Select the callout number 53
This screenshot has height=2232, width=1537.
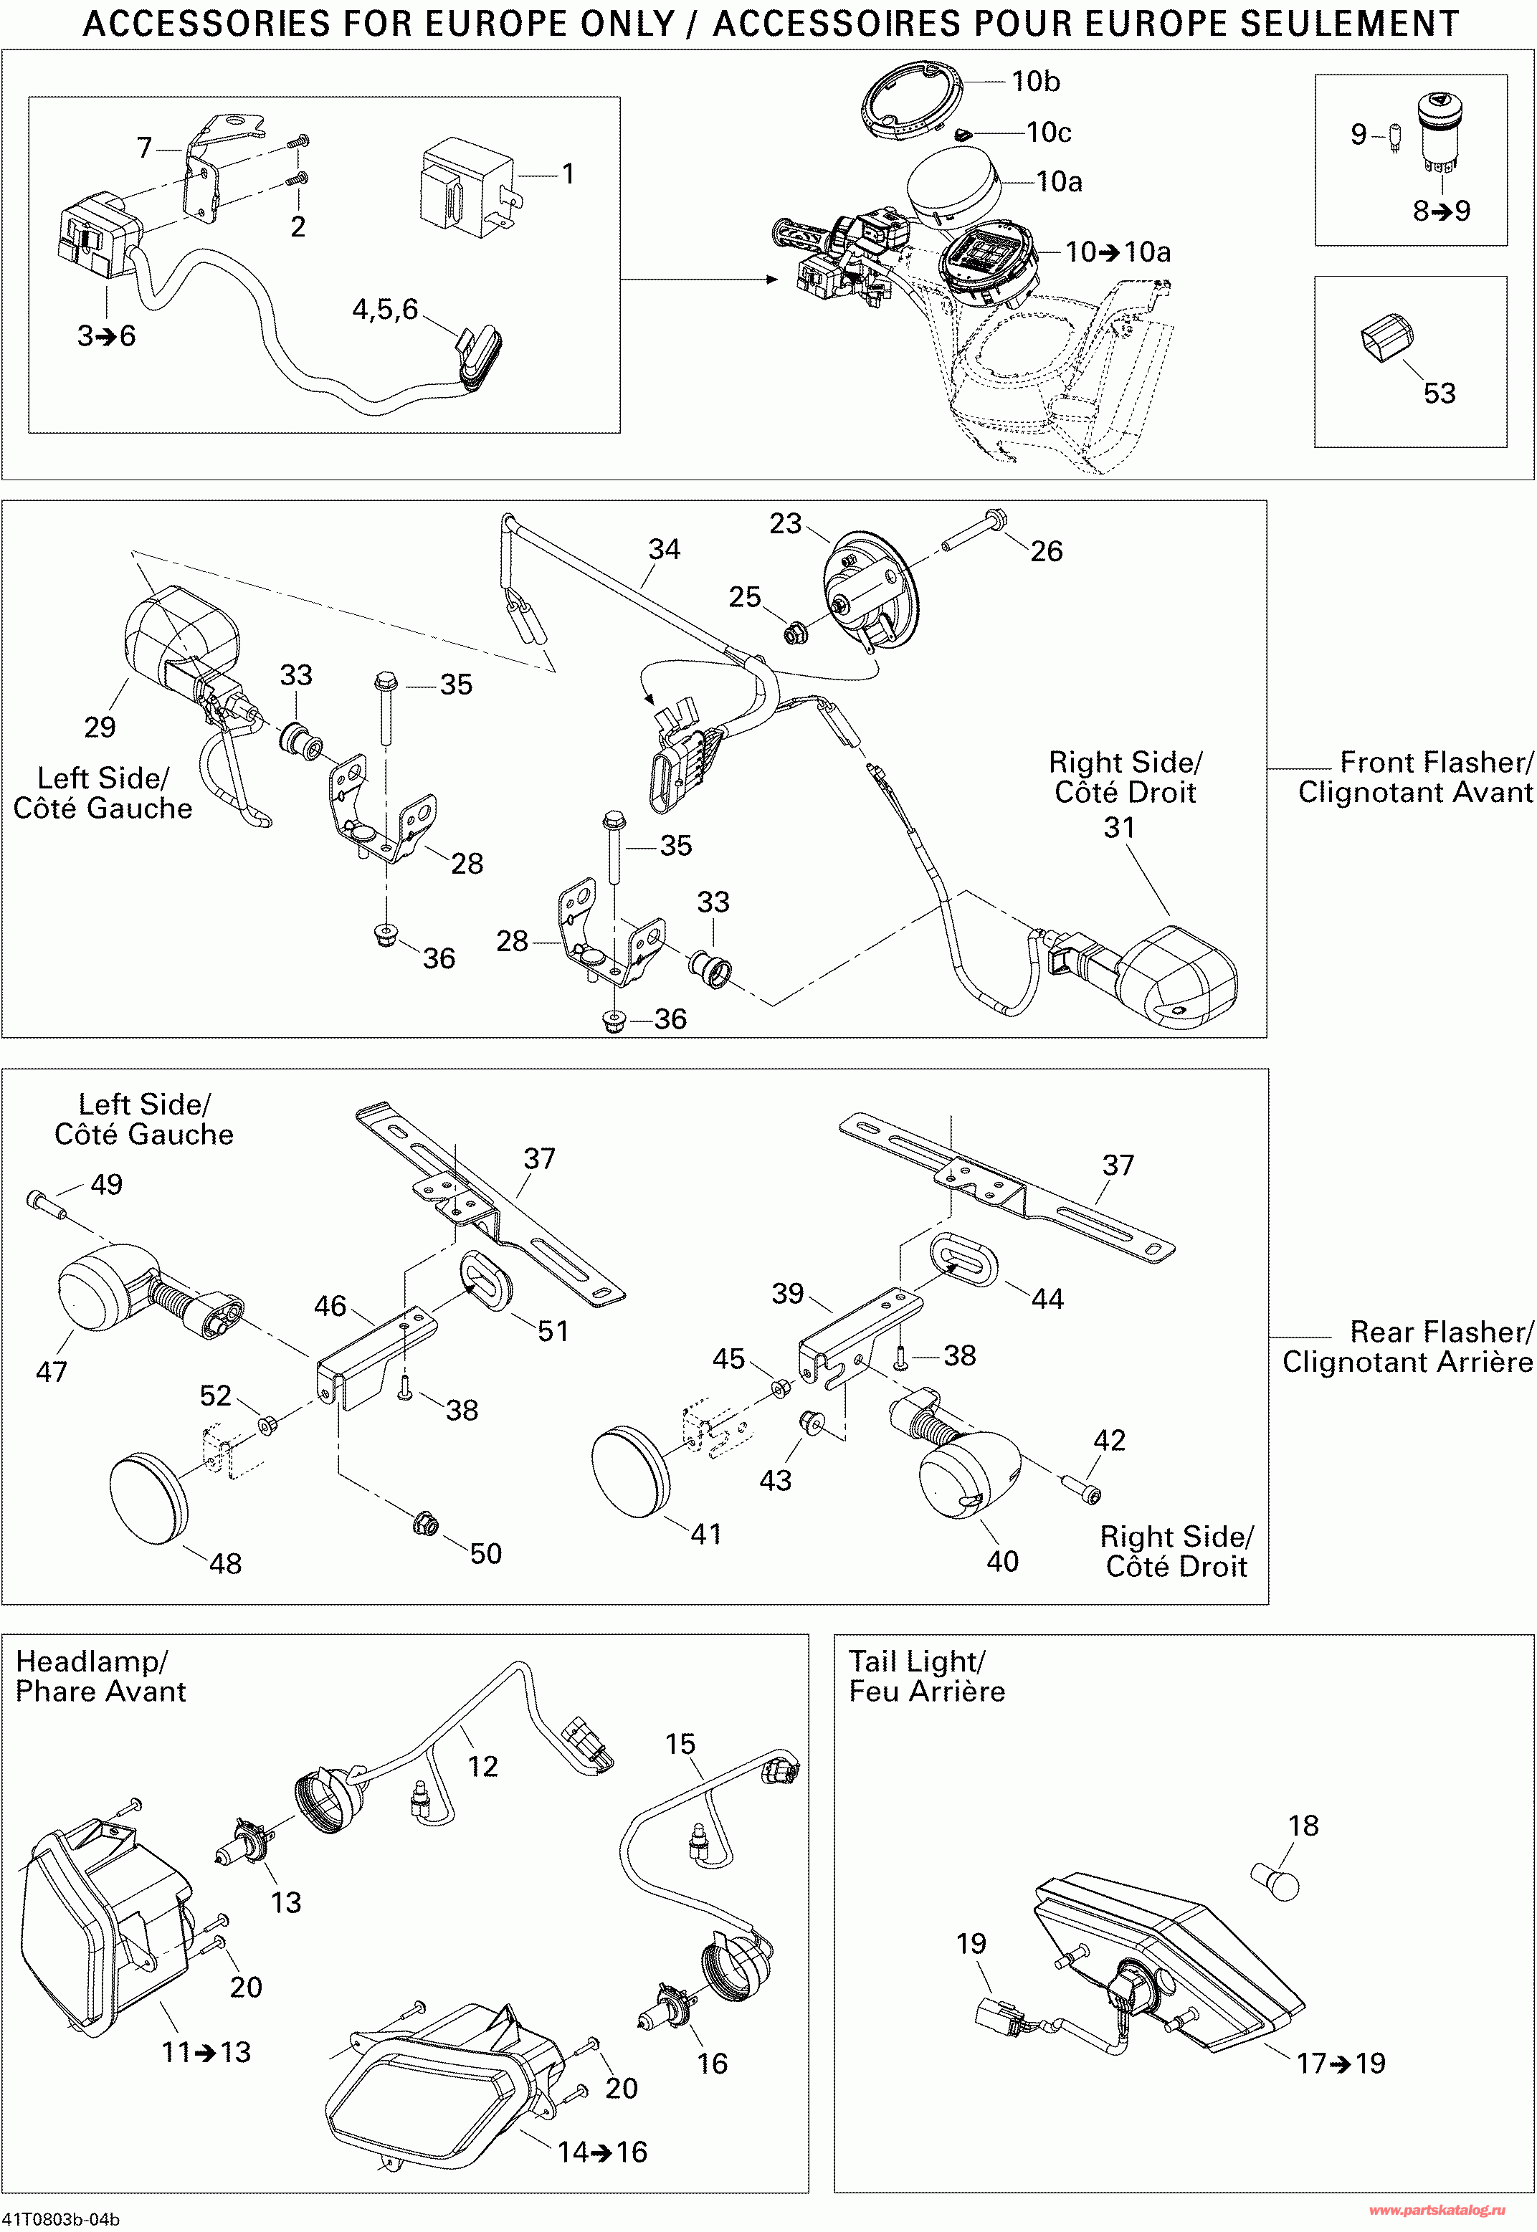1439,393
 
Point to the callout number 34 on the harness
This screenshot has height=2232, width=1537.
664,549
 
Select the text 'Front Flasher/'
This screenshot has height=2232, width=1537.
1435,763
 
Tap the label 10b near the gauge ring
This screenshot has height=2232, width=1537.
1034,82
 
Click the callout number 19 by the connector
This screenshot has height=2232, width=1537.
971,1943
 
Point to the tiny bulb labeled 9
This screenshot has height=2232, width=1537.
1394,138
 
